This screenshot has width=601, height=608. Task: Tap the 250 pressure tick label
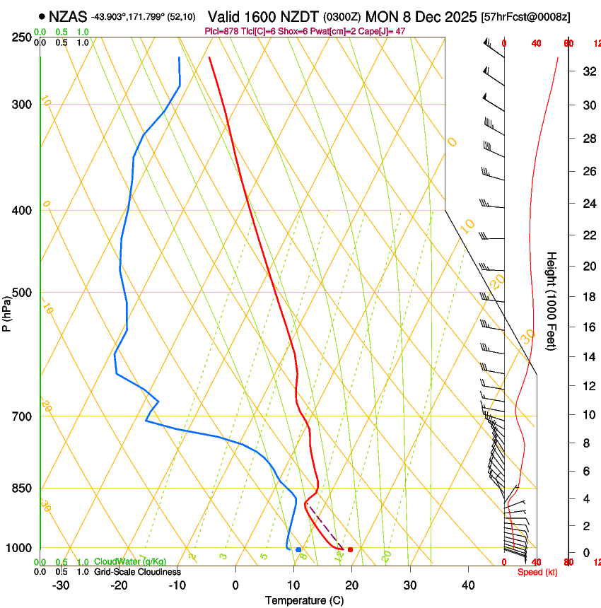click(x=22, y=37)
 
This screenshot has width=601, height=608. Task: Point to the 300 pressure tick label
click(x=22, y=105)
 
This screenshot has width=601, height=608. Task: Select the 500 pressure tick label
click(x=22, y=293)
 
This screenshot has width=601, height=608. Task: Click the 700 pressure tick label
click(x=22, y=416)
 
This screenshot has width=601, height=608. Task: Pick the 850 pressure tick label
click(x=22, y=489)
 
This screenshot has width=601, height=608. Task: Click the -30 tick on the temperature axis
click(x=61, y=585)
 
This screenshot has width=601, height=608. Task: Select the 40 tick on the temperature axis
click(x=468, y=585)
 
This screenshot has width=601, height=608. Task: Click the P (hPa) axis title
click(x=7, y=313)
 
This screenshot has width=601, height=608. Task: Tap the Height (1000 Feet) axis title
click(x=552, y=301)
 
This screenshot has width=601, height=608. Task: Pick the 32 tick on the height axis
click(x=587, y=71)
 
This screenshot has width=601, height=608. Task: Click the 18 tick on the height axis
click(x=587, y=297)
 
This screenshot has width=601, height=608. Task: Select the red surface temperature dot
click(x=350, y=549)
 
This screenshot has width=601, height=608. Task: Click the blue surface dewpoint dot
click(x=298, y=549)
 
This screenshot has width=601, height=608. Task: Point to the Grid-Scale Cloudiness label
click(x=137, y=571)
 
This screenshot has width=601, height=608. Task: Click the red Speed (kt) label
click(x=537, y=572)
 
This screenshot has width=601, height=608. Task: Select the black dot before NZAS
click(x=42, y=16)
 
